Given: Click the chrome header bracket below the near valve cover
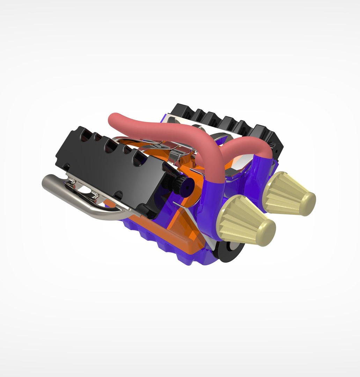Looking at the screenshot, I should coord(84,190).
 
